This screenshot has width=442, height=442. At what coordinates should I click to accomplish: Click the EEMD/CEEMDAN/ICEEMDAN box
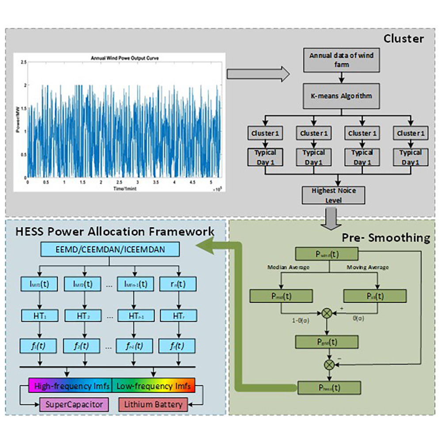(110, 249)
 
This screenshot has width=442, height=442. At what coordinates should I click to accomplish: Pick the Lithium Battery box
(153, 404)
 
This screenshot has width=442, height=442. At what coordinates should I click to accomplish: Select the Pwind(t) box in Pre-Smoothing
(327, 255)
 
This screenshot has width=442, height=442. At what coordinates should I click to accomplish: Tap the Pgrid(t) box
(327, 342)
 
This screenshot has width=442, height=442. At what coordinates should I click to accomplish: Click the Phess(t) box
(327, 388)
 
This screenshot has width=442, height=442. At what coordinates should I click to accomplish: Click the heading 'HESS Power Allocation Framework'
(115, 231)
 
